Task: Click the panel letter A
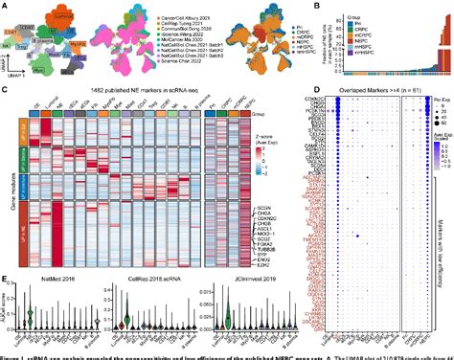5,5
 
